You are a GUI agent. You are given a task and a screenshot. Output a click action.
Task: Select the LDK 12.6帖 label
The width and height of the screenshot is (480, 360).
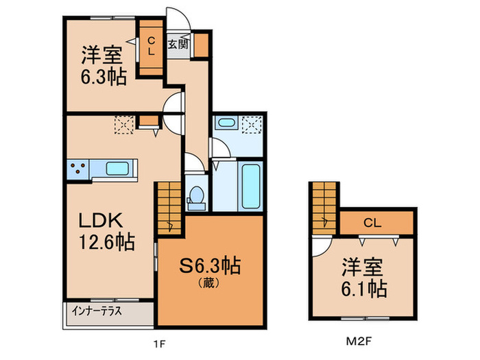105,232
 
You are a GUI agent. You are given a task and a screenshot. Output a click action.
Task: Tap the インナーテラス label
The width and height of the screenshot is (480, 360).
96,311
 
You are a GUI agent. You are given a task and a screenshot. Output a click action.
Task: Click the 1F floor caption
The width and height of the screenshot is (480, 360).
158,341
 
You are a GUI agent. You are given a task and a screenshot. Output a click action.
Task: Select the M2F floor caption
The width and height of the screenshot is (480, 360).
359,341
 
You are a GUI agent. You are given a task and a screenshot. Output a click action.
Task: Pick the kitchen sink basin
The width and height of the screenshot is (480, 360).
120,168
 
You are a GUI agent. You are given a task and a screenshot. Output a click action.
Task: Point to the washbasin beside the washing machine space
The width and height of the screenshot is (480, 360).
226,123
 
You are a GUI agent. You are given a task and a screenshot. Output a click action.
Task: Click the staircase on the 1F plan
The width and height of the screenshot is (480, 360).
168,208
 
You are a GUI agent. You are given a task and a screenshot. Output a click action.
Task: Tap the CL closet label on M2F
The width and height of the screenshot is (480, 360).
372,222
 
